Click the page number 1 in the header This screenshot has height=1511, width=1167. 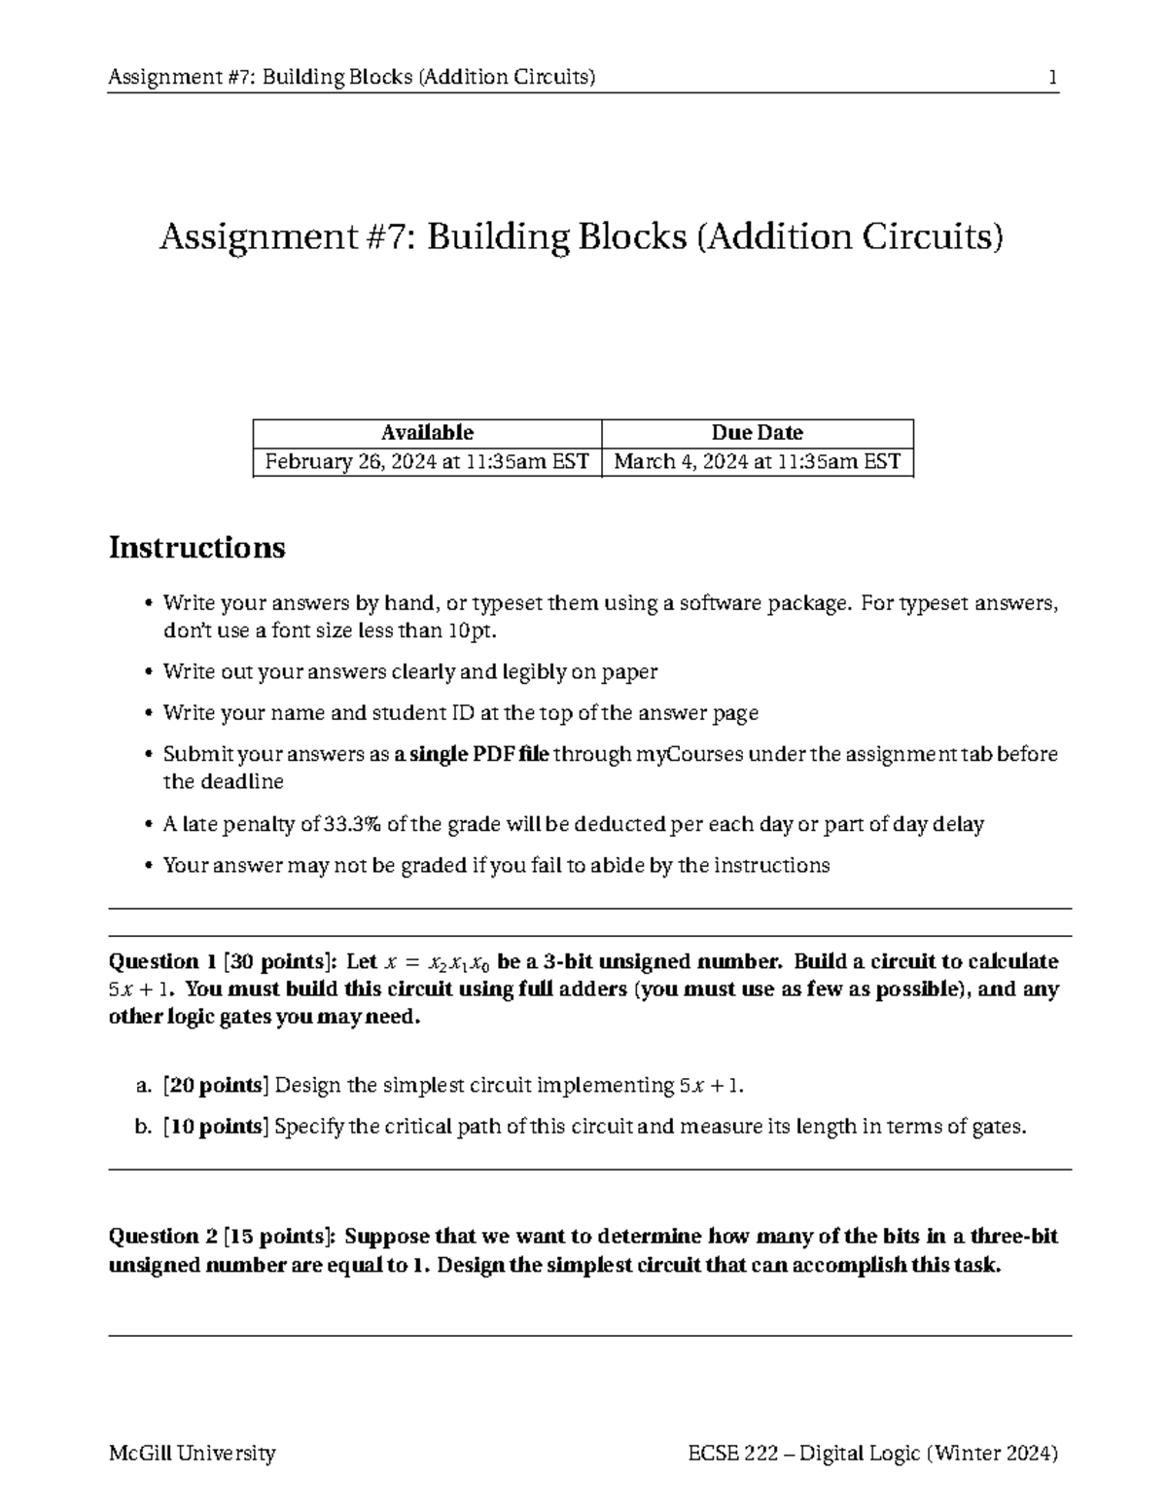coord(1052,77)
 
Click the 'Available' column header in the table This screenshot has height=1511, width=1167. coord(427,432)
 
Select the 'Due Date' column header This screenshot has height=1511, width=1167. coord(757,432)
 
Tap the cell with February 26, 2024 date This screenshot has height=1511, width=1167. coord(427,461)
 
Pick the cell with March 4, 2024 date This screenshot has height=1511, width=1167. coord(757,461)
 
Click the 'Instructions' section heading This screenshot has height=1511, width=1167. coord(196,548)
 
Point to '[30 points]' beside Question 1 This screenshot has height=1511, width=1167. coord(281,961)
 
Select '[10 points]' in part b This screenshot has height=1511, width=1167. coord(216,1127)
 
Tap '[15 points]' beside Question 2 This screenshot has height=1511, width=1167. coord(281,1236)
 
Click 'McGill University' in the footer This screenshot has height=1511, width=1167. coord(193,1453)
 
